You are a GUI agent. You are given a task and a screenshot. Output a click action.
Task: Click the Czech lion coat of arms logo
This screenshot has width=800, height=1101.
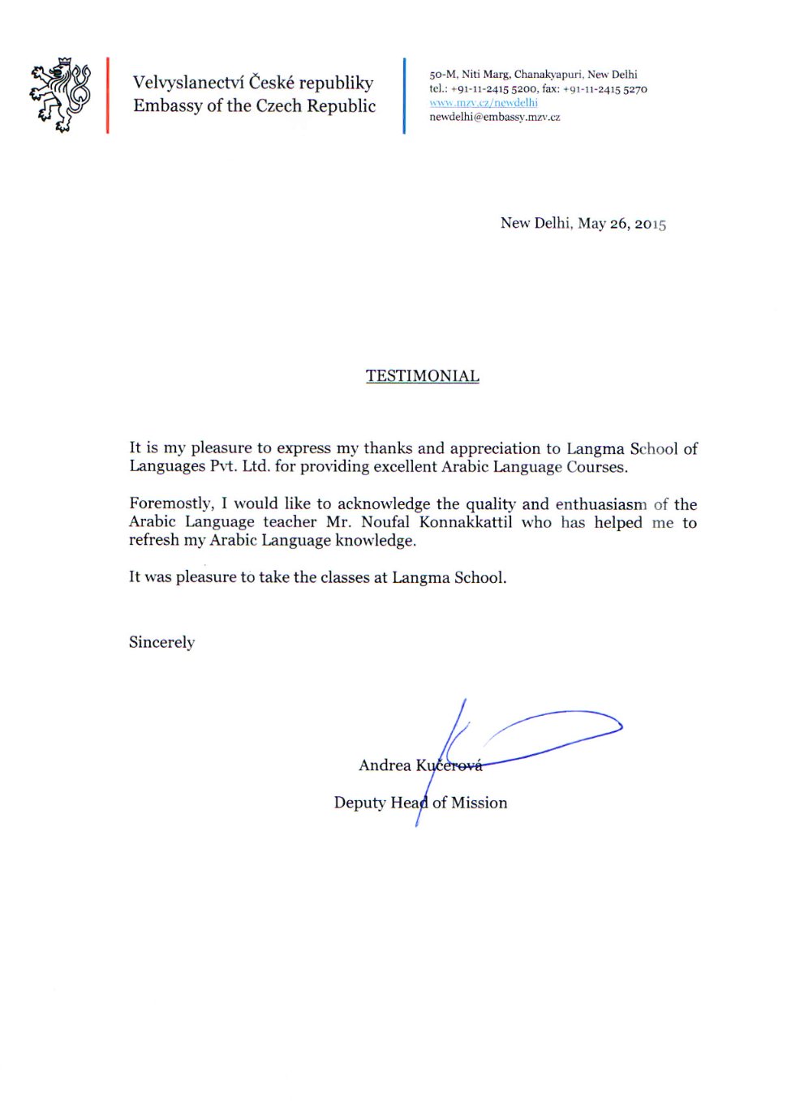pos(60,95)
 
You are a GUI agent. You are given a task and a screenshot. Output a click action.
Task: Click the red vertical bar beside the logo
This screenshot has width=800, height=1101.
pos(108,95)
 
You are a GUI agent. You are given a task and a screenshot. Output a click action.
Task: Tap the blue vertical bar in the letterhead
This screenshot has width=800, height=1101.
pos(404,96)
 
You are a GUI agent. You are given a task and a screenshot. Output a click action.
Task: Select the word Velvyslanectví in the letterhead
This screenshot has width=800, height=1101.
pos(188,83)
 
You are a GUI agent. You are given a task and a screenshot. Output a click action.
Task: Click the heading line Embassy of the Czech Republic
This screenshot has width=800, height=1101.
pos(254,106)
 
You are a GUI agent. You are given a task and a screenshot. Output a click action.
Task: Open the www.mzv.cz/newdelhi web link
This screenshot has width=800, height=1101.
pos(484,103)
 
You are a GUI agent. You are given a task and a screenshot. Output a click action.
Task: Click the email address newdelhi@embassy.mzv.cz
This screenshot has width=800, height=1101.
pos(494,117)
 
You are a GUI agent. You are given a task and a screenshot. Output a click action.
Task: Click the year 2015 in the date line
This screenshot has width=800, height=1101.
pos(650,224)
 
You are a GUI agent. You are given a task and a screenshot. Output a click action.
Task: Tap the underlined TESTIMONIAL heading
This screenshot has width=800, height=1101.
pos(422,376)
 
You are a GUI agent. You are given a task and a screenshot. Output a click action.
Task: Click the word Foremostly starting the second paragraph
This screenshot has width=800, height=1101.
pos(171,503)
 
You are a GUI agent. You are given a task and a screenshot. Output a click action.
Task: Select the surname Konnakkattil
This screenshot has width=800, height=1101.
pos(466,522)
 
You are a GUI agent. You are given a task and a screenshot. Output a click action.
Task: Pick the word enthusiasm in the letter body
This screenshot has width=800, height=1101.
pos(601,503)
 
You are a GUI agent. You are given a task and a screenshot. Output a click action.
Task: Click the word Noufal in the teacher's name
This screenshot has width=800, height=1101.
pos(385,522)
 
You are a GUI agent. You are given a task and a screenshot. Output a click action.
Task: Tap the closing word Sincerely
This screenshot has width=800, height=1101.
pos(161,642)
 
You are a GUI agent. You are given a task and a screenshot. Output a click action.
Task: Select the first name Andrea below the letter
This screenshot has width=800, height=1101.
pos(385,765)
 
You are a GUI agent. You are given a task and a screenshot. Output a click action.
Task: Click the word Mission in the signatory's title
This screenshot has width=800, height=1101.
pos(479,803)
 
